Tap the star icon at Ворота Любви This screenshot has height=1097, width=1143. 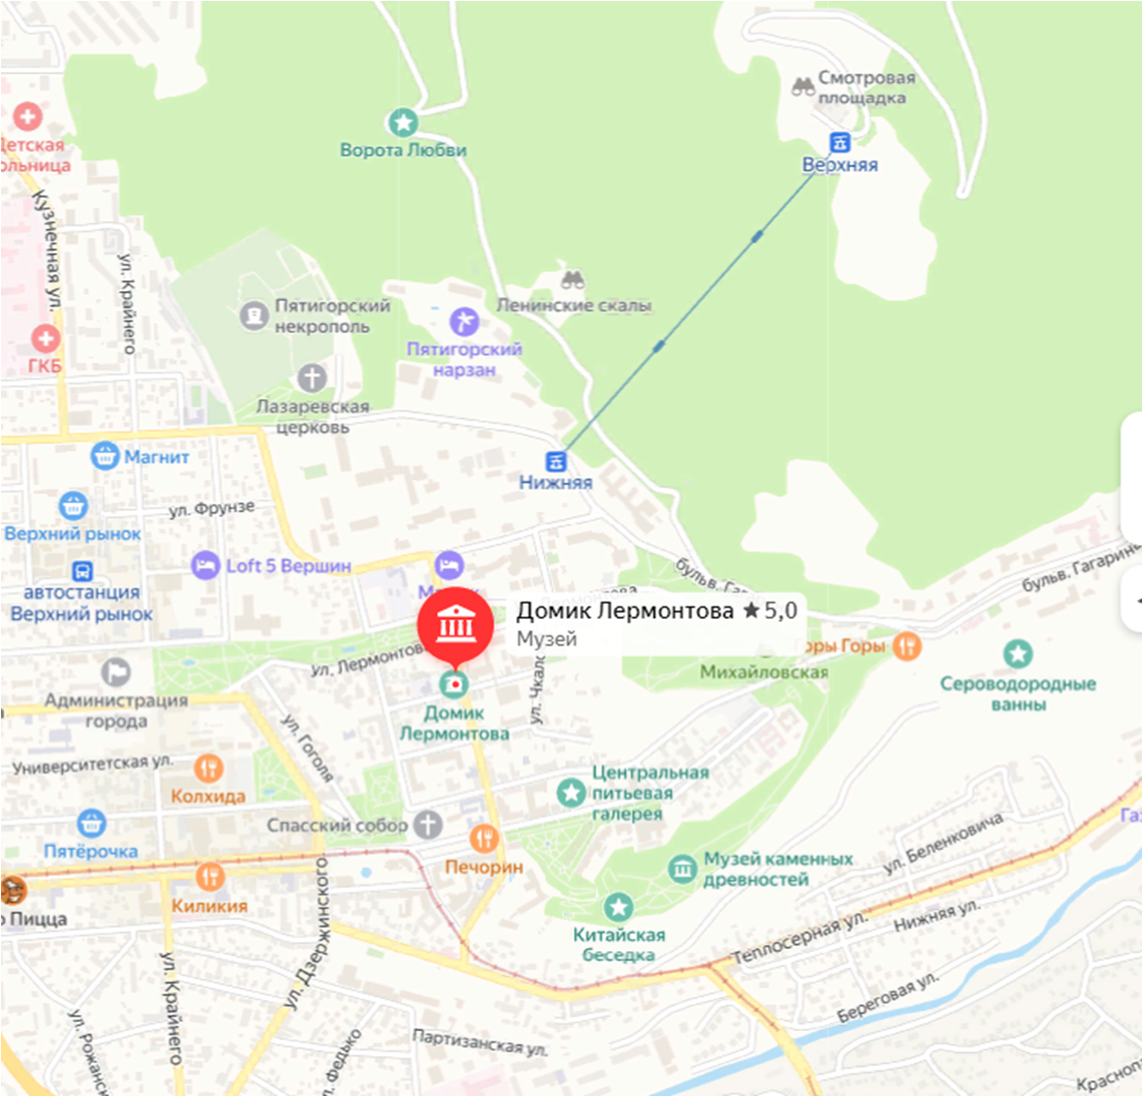tap(403, 123)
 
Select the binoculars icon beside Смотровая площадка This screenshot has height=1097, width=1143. tap(802, 87)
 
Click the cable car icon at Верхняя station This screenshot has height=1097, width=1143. tap(839, 143)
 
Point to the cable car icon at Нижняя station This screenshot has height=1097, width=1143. tap(555, 460)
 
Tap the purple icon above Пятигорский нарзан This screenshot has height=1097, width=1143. tap(463, 321)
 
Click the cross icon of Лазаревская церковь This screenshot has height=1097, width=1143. tap(312, 378)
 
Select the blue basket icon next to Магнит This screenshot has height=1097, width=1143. tap(104, 456)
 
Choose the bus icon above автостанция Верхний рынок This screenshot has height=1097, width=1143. tap(83, 570)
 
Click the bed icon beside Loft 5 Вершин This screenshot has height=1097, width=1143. tap(205, 566)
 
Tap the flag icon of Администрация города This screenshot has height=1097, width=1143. tap(116, 672)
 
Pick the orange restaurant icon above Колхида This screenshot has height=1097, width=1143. tap(207, 769)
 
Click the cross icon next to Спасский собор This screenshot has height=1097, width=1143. tap(427, 824)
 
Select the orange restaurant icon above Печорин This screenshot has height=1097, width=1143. tap(484, 838)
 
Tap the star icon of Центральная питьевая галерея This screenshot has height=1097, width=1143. tap(571, 792)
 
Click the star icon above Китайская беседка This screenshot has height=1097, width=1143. tap(618, 908)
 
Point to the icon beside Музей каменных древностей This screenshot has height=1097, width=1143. tap(682, 869)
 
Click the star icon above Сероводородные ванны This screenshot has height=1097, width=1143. tap(1017, 653)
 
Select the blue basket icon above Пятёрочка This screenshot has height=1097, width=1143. tap(92, 823)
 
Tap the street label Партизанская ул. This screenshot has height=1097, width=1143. tap(480, 1042)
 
